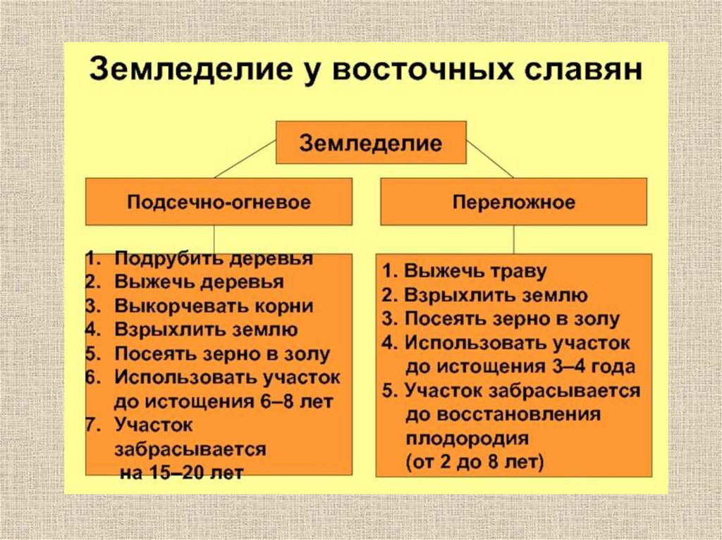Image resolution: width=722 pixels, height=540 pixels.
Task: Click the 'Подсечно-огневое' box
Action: coord(219,203)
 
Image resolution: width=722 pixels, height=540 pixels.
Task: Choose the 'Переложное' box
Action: coord(513,203)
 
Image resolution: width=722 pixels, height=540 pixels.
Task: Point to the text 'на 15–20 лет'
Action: coord(181,473)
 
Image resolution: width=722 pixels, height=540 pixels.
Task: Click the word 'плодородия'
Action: coord(467,439)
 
